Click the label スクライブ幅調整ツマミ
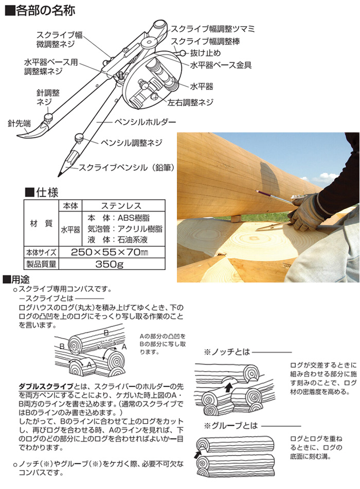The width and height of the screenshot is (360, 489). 213,29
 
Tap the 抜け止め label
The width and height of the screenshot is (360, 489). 206,53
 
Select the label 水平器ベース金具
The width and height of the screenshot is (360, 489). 221,65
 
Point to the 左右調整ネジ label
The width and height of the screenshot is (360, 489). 190,102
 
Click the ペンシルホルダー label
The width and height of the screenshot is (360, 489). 145,122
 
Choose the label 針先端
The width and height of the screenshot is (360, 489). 20,124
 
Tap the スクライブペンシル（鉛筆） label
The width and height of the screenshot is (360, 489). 126,167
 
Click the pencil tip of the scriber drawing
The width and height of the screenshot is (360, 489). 59,175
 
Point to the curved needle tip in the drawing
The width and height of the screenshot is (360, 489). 19,136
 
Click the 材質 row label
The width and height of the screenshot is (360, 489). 41,223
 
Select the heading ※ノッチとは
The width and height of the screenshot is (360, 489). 227,352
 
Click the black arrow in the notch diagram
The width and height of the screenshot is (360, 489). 228,387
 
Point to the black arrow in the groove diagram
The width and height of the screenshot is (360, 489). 197,454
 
